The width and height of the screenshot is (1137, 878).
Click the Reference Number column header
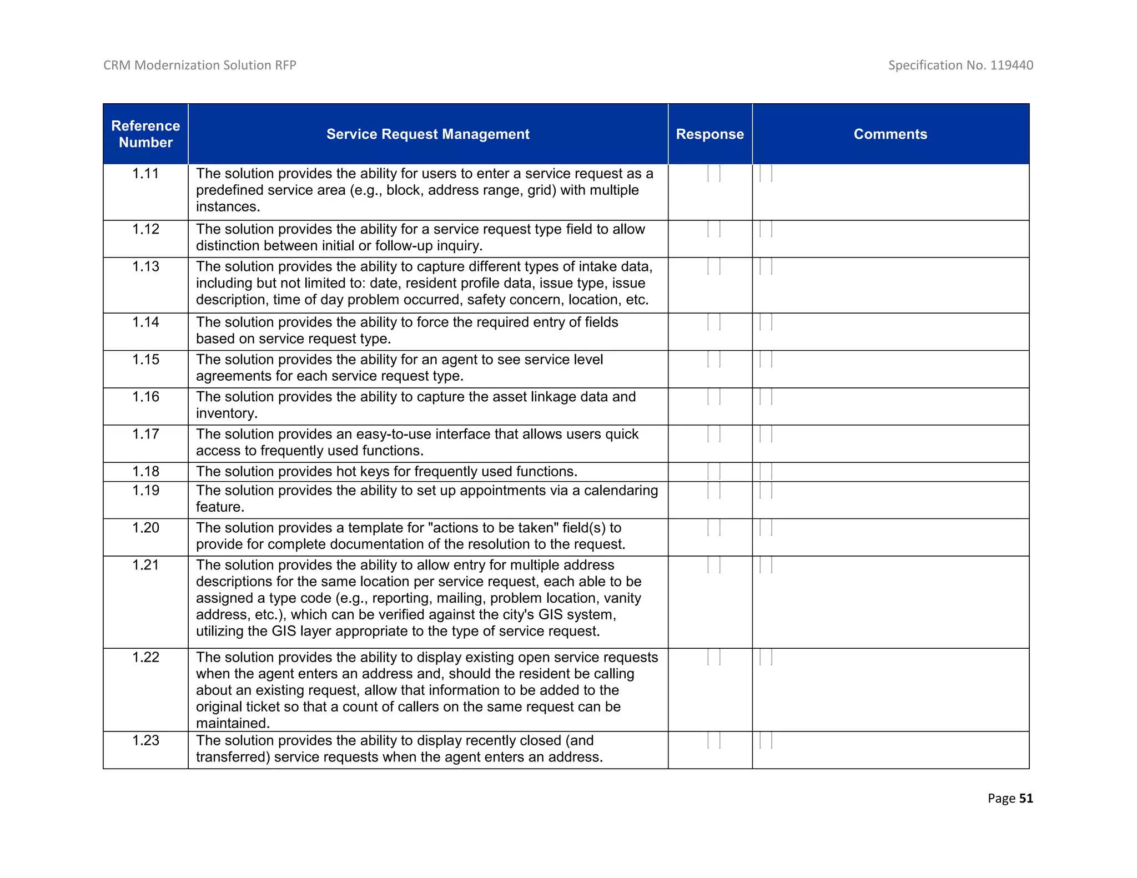[x=145, y=134]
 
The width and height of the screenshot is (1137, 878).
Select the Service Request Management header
[x=427, y=134]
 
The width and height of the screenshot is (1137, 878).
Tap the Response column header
[x=710, y=134]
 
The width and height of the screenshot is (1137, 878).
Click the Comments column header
[x=890, y=134]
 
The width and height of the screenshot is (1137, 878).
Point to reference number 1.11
[x=145, y=174]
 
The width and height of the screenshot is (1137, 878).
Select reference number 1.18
[x=145, y=471]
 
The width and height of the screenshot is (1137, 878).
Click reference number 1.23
[x=145, y=740]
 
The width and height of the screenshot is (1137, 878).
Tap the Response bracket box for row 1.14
[x=714, y=322]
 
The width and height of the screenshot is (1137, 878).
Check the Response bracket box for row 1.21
[x=714, y=565]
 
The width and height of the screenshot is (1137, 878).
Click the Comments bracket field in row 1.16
[x=766, y=397]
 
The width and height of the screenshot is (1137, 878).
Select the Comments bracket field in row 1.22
[x=766, y=657]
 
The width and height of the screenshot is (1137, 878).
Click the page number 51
[x=1026, y=798]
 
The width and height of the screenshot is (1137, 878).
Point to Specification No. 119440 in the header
[x=960, y=65]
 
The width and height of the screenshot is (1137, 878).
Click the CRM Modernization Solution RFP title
[x=200, y=65]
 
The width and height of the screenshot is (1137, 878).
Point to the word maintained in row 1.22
[x=233, y=723]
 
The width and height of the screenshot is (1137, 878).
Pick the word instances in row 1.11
[x=228, y=207]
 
